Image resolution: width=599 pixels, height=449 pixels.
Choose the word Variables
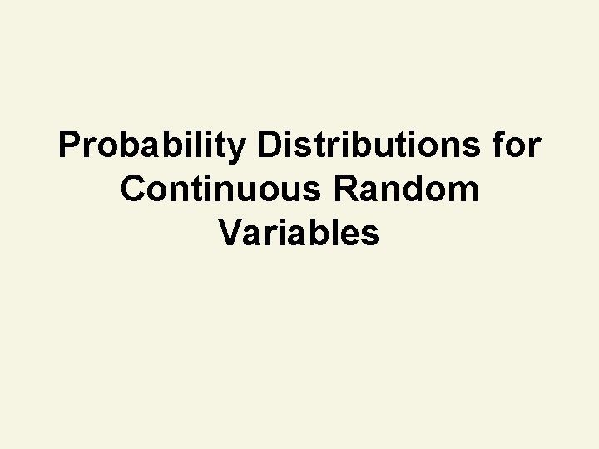(299, 234)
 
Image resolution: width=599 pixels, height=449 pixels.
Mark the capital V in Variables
(231, 234)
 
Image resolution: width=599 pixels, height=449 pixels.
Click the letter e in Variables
(349, 236)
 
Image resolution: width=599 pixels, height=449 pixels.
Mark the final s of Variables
(370, 236)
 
